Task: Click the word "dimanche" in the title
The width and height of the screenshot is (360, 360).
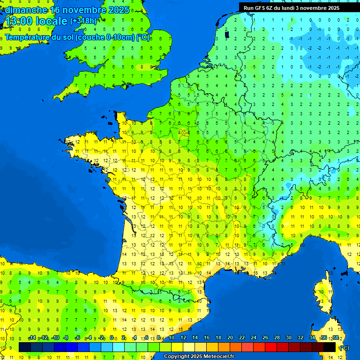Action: click(x=26, y=10)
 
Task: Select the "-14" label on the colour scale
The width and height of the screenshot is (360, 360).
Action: click(x=32, y=337)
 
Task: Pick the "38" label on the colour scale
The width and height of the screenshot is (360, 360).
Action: click(x=336, y=337)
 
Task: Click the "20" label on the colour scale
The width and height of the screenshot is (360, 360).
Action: click(x=230, y=337)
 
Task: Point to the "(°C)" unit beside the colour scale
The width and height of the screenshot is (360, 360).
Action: click(x=344, y=347)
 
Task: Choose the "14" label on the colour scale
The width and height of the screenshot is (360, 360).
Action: click(x=195, y=337)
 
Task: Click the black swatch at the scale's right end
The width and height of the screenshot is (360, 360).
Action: click(x=330, y=347)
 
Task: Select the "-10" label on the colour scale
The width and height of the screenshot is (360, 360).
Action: click(x=55, y=337)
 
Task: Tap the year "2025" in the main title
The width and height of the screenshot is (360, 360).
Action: click(x=119, y=10)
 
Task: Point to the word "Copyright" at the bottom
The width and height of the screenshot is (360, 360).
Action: click(x=178, y=356)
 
